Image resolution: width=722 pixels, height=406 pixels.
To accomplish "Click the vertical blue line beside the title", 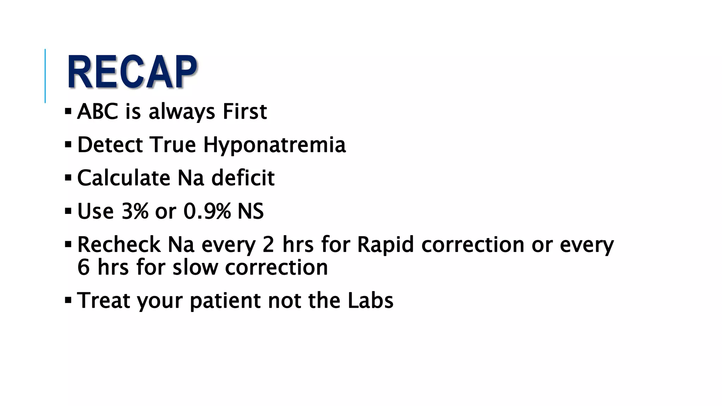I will (x=45, y=76).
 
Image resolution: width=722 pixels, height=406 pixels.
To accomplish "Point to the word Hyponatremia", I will (x=275, y=145).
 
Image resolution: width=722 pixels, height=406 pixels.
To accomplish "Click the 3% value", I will (x=135, y=211).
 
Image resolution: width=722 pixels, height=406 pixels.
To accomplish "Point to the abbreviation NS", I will (x=251, y=211).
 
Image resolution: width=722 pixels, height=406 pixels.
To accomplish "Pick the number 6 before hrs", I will (x=84, y=267).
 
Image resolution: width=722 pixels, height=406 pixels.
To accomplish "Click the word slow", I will (x=195, y=267).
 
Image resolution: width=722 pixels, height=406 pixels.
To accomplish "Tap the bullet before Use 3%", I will (x=68, y=211).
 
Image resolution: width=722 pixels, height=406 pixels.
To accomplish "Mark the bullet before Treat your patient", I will (x=68, y=301).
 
